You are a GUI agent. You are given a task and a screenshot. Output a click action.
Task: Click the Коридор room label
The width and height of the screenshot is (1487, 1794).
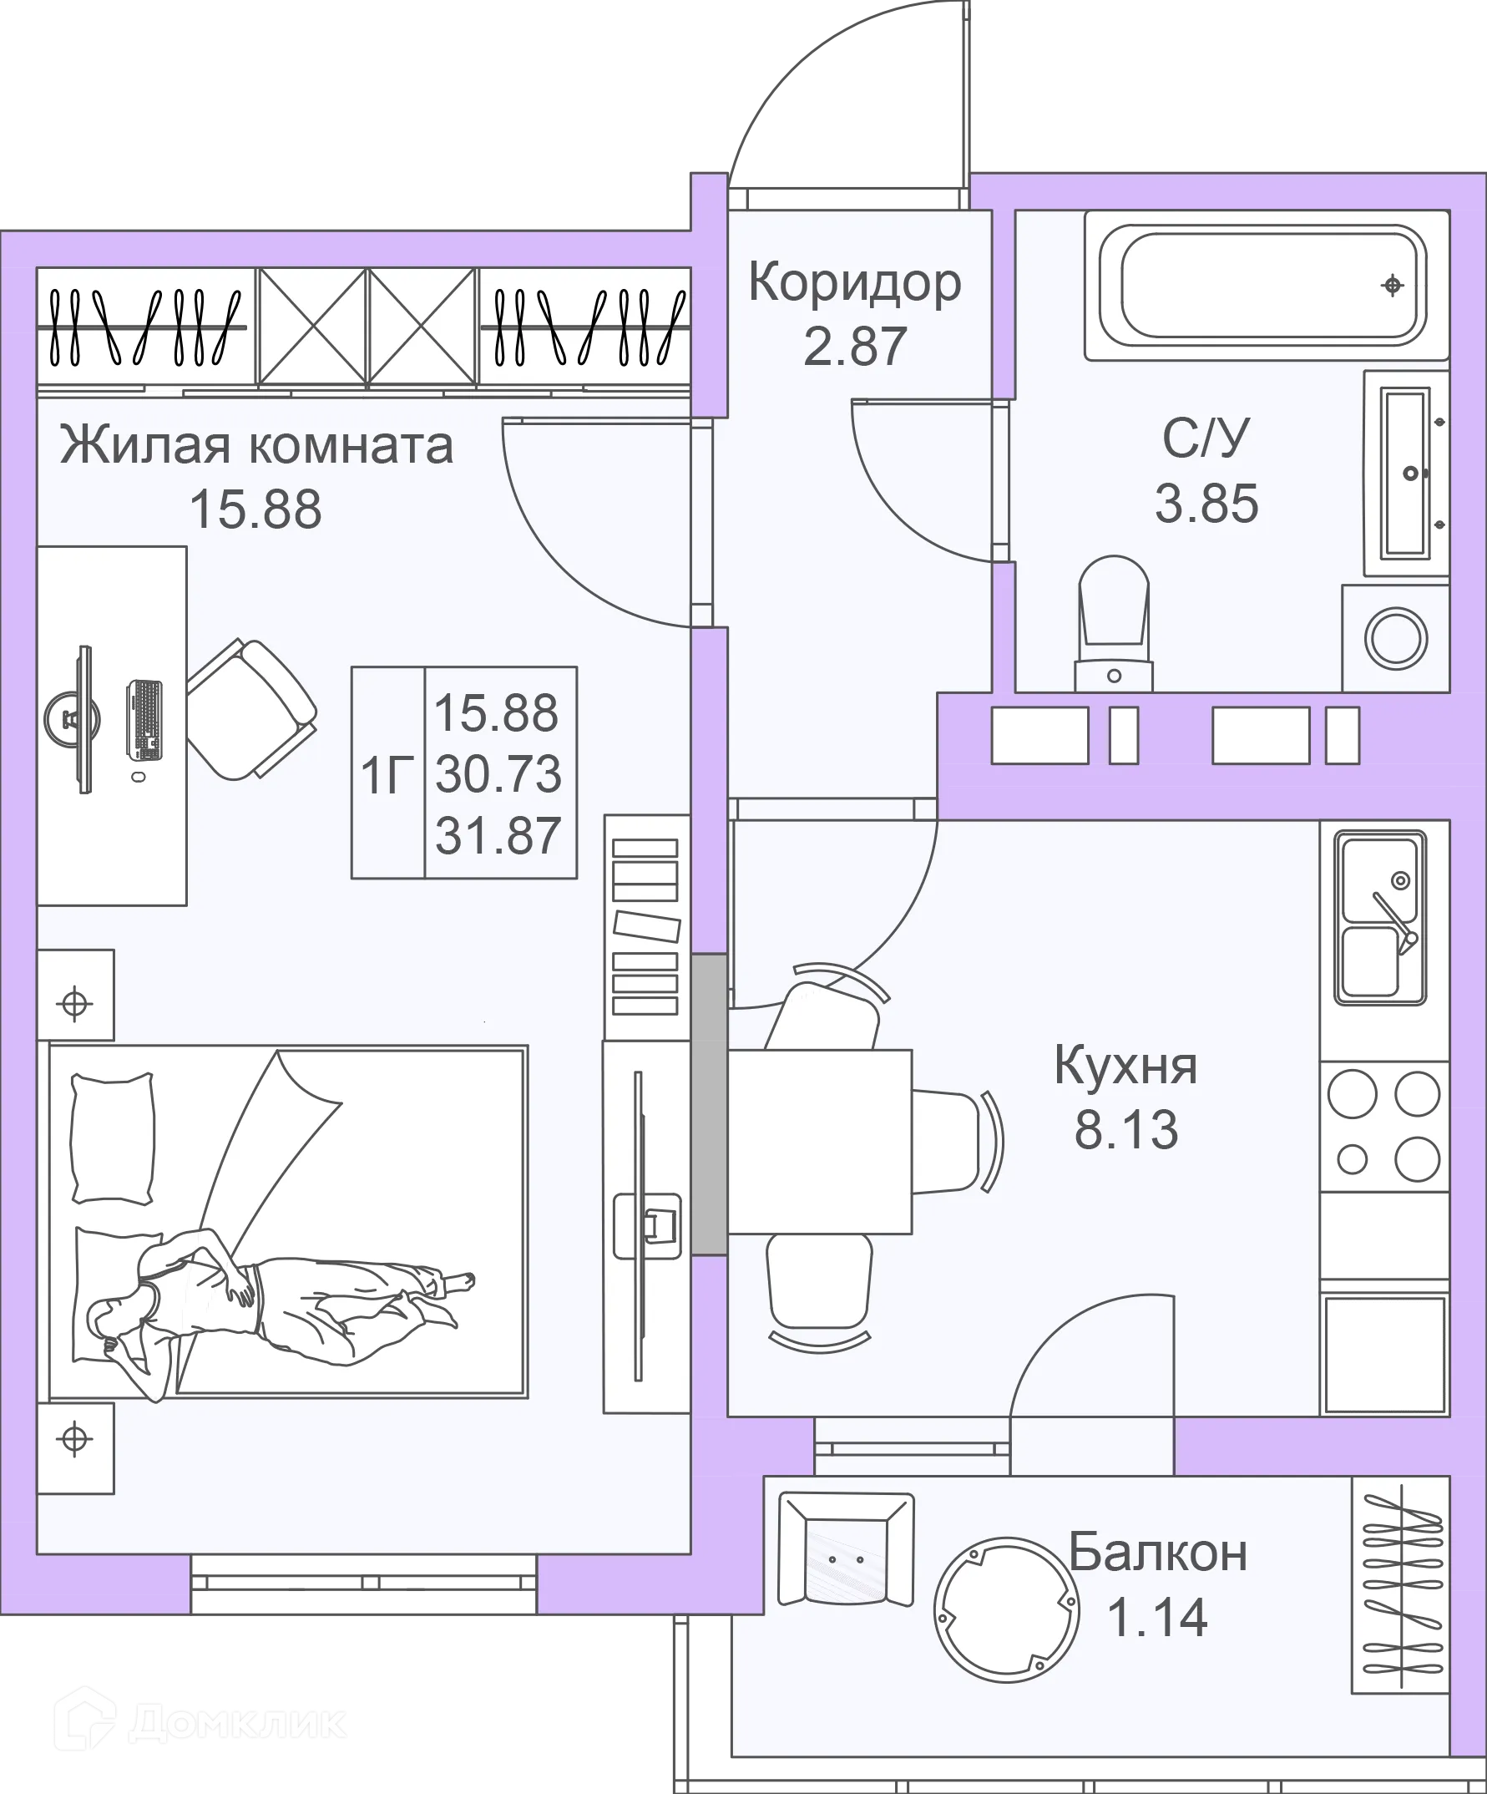[x=854, y=282]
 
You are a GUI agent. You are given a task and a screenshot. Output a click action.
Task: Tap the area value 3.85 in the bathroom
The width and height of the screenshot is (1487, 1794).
[x=1206, y=503]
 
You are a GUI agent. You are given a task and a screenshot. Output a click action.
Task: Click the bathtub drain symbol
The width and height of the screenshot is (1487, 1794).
[x=1392, y=286]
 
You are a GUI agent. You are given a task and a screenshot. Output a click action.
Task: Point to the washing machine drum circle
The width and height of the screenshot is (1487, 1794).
[x=1396, y=638]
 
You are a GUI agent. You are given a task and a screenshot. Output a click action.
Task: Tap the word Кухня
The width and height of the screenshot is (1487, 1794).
[x=1125, y=1066]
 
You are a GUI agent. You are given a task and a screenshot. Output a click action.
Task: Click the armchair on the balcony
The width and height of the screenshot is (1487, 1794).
[x=846, y=1549]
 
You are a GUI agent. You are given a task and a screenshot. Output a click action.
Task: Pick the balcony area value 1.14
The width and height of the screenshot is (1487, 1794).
[x=1157, y=1616]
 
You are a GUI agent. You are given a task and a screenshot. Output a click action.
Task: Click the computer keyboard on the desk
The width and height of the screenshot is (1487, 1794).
[x=144, y=720]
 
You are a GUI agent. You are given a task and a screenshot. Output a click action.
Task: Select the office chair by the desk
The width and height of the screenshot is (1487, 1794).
[x=250, y=709]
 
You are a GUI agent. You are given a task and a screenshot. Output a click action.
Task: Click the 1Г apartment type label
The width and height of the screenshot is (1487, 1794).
[x=387, y=775]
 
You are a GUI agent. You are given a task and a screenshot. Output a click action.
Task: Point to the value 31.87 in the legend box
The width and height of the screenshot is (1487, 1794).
[x=498, y=834]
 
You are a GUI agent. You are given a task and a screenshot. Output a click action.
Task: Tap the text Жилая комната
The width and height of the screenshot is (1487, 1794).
[x=256, y=446]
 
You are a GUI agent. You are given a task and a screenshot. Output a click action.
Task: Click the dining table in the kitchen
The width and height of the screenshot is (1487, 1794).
[x=820, y=1142]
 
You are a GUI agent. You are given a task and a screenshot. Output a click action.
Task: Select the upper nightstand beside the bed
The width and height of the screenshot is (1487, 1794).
[x=75, y=995]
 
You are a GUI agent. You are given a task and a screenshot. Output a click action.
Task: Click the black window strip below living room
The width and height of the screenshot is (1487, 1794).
[x=364, y=1582]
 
